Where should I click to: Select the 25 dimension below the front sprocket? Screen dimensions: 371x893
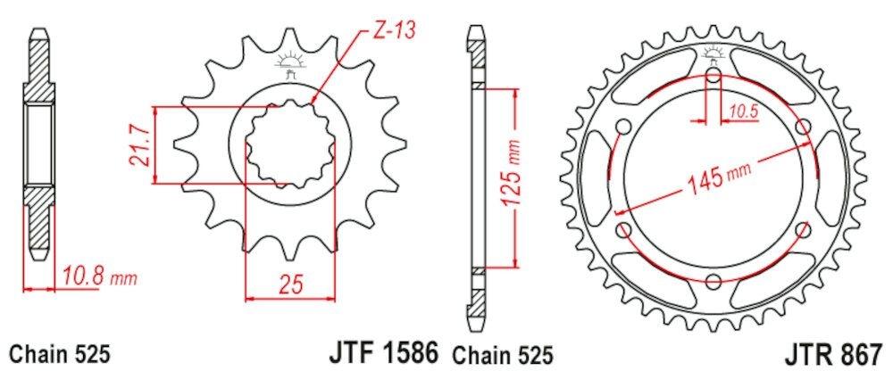click(x=289, y=285)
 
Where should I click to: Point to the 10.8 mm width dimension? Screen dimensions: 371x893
click(x=97, y=276)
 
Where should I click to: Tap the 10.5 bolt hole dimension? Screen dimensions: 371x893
click(x=742, y=111)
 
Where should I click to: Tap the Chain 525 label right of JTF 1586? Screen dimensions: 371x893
click(x=505, y=353)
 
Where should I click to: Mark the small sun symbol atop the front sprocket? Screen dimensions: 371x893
click(x=288, y=61)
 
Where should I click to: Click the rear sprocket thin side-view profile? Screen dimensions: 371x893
click(x=477, y=178)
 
